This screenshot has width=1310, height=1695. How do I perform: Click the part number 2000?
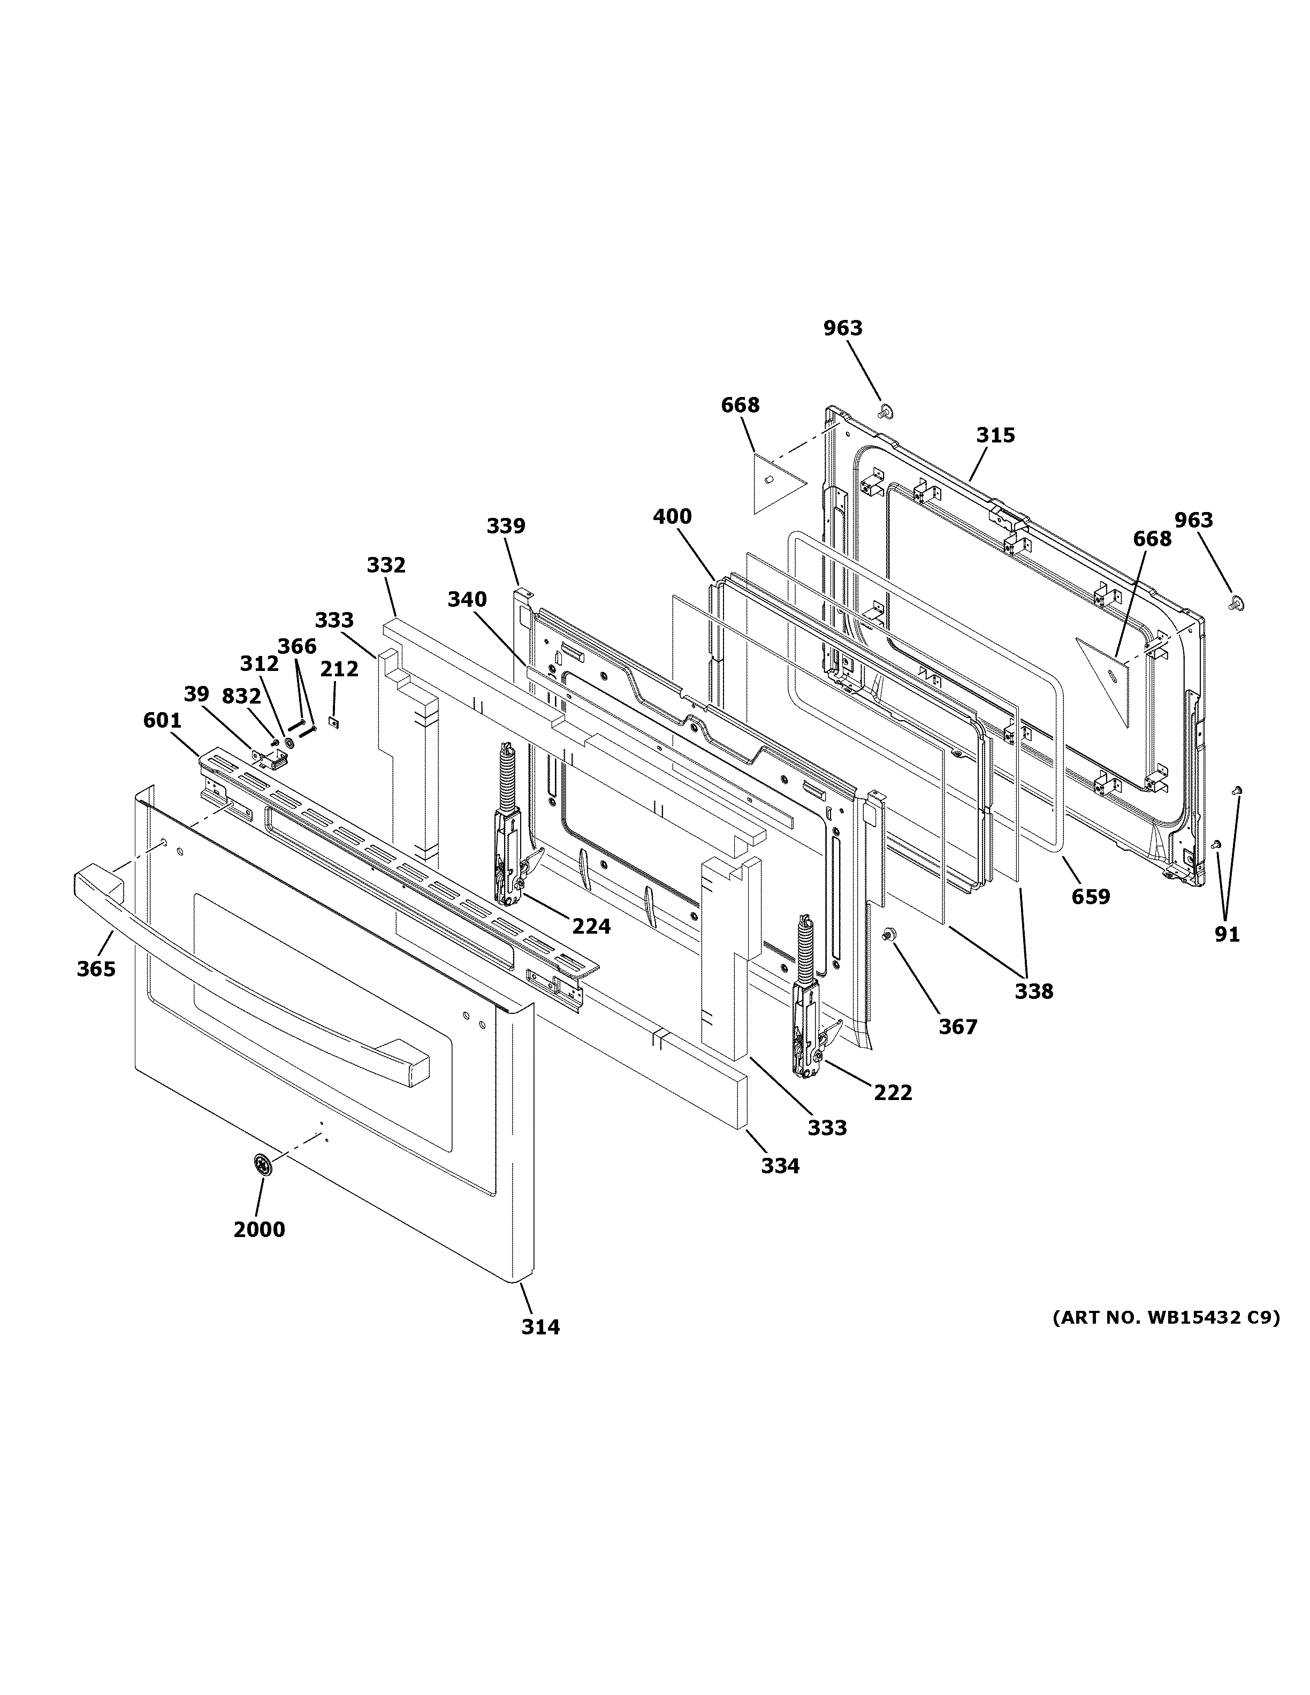tap(259, 1230)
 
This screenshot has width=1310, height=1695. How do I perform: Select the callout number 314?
tap(540, 1326)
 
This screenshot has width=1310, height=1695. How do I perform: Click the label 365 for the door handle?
tap(96, 968)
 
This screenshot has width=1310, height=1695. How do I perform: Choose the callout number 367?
tap(958, 1026)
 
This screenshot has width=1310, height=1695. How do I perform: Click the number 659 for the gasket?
tap(1091, 896)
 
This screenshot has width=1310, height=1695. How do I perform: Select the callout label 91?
tap(1227, 934)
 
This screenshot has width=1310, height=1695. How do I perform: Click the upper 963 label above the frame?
tap(843, 329)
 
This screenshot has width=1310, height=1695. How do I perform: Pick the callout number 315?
tap(995, 436)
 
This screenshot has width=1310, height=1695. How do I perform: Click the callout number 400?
tap(672, 516)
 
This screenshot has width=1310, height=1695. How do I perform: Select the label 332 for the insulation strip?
tap(386, 565)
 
